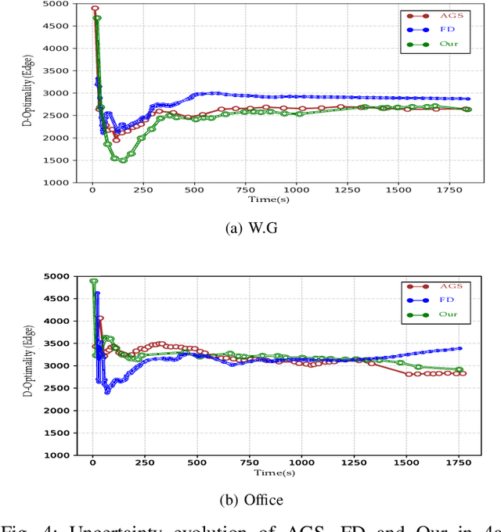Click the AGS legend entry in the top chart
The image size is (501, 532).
[435, 15]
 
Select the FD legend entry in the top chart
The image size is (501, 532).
[435, 30]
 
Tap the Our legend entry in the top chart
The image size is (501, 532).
[435, 45]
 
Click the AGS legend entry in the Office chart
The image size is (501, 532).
[435, 287]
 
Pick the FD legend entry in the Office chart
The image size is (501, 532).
[435, 301]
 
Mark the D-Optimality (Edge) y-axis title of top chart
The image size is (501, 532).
[49, 93]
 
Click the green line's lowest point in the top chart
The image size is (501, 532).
[123, 160]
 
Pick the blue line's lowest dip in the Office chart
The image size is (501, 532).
[107, 391]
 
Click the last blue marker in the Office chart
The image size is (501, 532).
[460, 348]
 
